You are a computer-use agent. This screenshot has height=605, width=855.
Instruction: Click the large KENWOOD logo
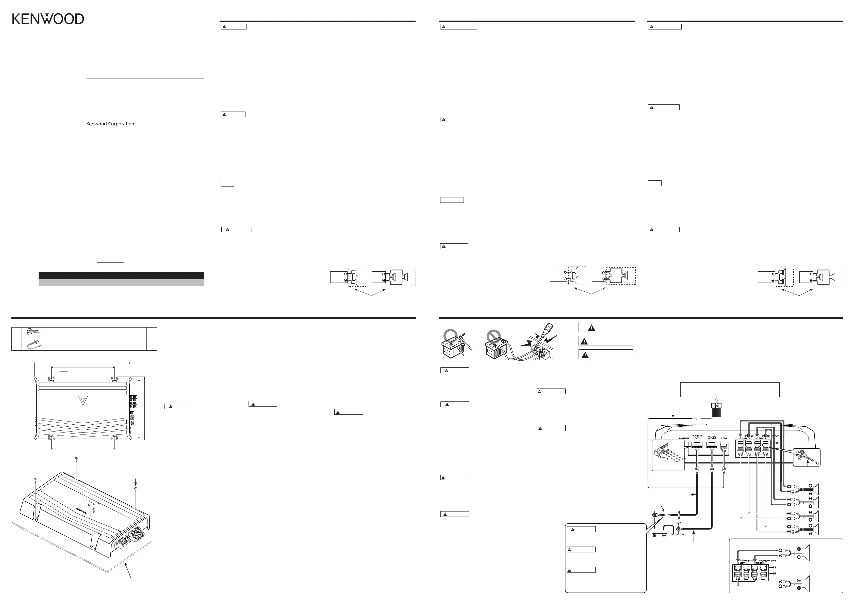point(48,19)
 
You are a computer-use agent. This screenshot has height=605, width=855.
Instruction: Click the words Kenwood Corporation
point(110,124)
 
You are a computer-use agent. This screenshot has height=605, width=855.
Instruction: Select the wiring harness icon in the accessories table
point(34,345)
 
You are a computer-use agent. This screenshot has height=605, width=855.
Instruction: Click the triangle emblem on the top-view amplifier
point(82,401)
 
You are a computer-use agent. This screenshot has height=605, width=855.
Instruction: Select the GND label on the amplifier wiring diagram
point(712,438)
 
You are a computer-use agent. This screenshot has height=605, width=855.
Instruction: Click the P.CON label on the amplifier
point(724,438)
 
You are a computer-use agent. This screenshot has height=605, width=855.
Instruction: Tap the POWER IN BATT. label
point(697,437)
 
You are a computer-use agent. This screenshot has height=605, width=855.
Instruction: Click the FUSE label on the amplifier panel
point(684,438)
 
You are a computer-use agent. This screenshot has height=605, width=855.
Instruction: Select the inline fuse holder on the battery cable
point(667,516)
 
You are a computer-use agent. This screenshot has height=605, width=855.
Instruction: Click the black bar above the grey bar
point(121,275)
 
